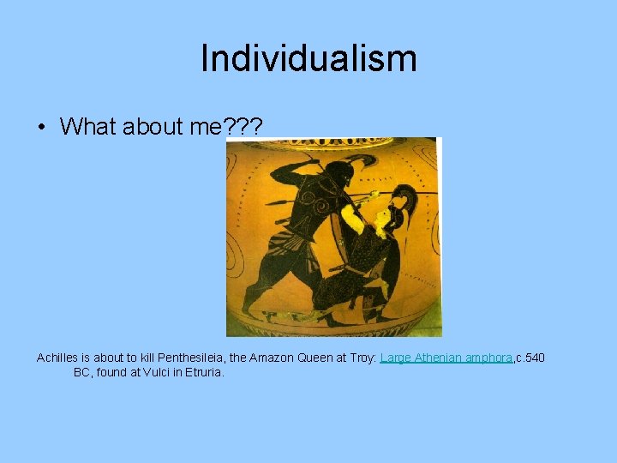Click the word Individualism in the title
308,59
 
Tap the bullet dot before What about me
41,128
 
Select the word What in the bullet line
88,127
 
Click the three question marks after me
243,127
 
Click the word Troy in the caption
359,358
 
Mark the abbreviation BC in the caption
82,373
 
